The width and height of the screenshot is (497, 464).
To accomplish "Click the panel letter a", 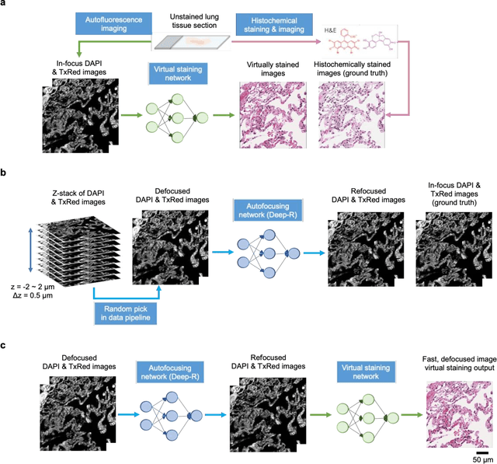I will (x=4, y=5).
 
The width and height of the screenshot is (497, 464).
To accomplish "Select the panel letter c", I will (x=4, y=344).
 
